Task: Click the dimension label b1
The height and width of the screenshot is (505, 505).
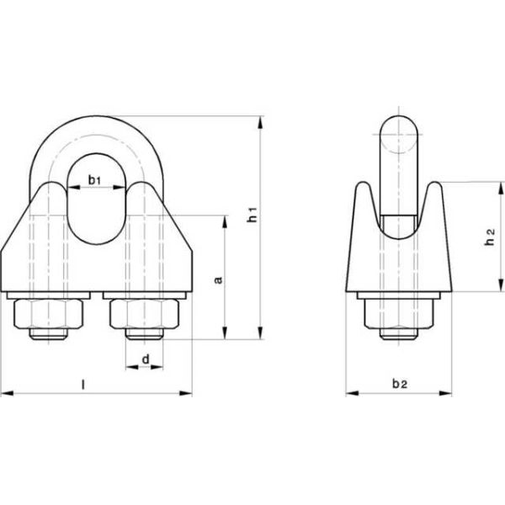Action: (x=95, y=180)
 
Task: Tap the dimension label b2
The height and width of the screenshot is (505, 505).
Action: (x=400, y=384)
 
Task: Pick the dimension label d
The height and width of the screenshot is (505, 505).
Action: (x=146, y=360)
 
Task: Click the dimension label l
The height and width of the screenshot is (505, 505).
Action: (x=82, y=384)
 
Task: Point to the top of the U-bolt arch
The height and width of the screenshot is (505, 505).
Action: (x=95, y=120)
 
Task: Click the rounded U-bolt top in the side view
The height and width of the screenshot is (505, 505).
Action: (x=400, y=126)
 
